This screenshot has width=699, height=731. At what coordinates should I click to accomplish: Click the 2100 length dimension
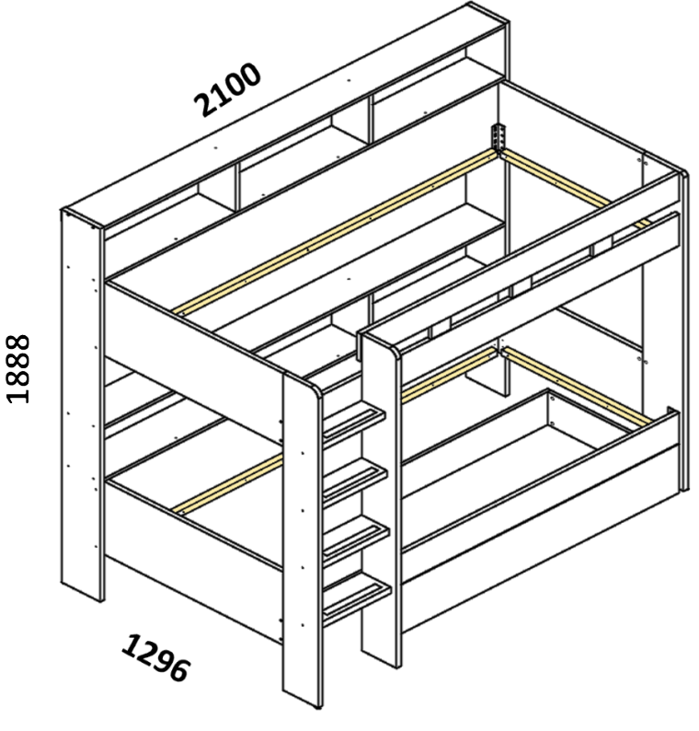point(227,89)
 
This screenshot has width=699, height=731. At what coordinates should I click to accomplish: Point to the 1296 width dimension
point(156,657)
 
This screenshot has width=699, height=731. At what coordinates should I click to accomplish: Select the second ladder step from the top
point(355,481)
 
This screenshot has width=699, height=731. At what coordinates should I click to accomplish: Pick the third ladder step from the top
point(356,539)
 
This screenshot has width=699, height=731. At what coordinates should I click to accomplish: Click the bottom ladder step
point(357,598)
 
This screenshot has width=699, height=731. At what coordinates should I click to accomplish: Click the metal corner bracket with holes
point(498,137)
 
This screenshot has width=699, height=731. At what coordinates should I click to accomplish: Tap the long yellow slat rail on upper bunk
point(336,232)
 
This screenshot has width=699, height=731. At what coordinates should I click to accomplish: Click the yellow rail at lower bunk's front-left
point(228,485)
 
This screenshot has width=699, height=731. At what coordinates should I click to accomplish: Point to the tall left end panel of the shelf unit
point(82,405)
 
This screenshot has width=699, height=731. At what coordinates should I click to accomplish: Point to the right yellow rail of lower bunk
point(578,386)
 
